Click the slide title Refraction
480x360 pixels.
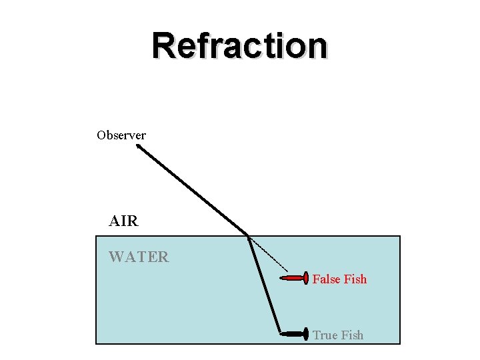pos(240,47)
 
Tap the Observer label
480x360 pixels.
pos(121,135)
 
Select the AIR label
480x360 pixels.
pos(123,221)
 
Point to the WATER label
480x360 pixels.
pos(139,257)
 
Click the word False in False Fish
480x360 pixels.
pos(326,279)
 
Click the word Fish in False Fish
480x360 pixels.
pos(355,279)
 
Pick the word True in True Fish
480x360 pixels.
pos(325,335)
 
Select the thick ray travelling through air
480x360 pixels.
pos(193,192)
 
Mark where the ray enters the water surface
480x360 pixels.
pos(248,235)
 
